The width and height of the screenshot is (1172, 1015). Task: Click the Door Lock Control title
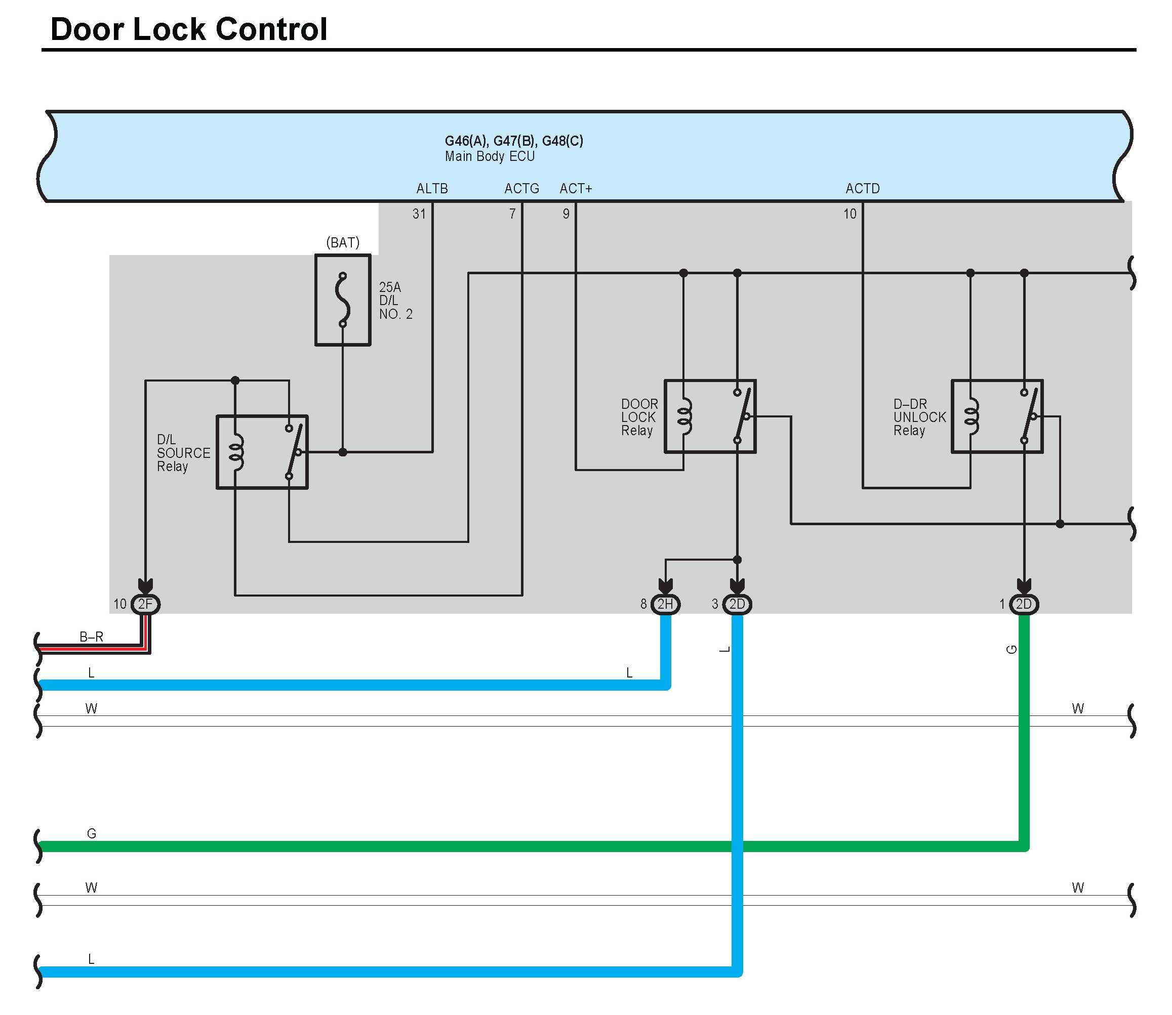pos(189,29)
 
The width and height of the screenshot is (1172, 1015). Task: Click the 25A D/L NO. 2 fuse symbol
pos(343,300)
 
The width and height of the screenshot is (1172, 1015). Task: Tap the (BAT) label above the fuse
pos(343,242)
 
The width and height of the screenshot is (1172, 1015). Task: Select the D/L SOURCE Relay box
pos(262,452)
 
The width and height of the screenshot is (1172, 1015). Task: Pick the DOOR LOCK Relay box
pos(710,416)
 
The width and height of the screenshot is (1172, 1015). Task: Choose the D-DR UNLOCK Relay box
pos(997,416)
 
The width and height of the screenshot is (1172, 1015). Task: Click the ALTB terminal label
pos(432,189)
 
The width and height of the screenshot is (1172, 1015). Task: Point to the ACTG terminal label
pos(522,189)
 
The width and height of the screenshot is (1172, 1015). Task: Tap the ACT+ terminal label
pos(576,189)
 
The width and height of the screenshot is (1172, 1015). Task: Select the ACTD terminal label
pos(863,189)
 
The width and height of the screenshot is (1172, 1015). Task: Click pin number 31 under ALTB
pos(419,214)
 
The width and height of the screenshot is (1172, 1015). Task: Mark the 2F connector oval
pos(146,604)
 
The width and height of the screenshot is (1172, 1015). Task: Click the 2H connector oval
pos(665,604)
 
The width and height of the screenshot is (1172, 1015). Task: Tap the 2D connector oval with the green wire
pos(1024,604)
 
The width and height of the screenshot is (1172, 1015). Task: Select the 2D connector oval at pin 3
pos(737,604)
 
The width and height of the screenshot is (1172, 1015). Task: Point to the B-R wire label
pos(91,637)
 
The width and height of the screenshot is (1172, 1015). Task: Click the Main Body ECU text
pos(490,156)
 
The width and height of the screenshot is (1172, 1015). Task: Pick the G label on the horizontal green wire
pos(91,834)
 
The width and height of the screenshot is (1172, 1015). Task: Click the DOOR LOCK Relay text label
pos(639,417)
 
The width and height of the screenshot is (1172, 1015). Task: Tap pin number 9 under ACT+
pos(566,214)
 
